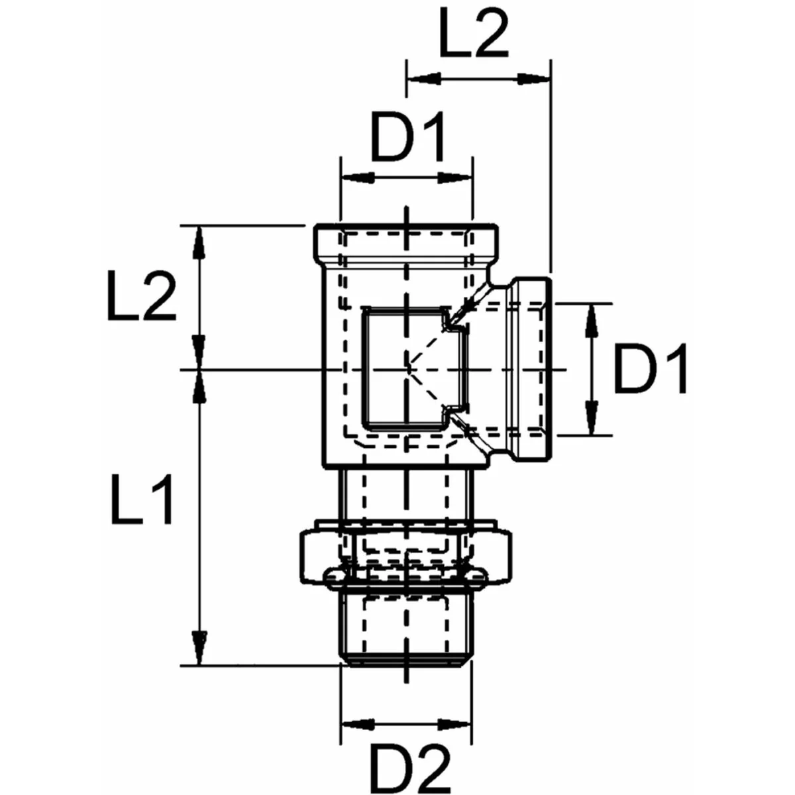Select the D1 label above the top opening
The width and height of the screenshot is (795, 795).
407,138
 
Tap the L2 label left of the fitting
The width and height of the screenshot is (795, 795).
141,296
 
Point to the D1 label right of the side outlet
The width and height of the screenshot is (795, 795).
651,368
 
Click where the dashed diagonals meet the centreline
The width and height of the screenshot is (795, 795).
407,368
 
